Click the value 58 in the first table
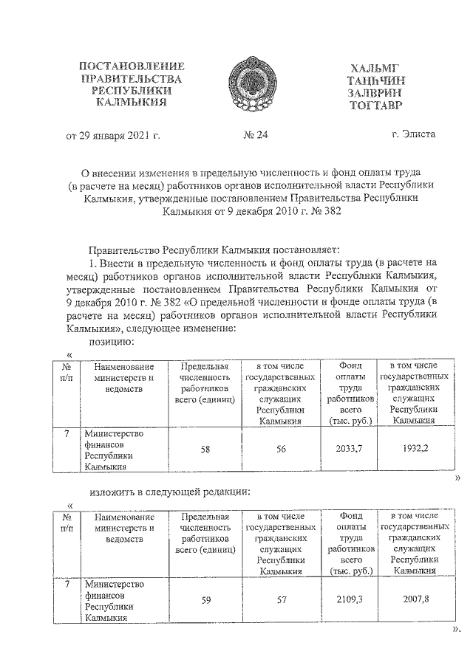[x=206, y=449]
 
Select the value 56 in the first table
[x=282, y=449]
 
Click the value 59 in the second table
[x=206, y=599]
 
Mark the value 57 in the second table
[x=282, y=599]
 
